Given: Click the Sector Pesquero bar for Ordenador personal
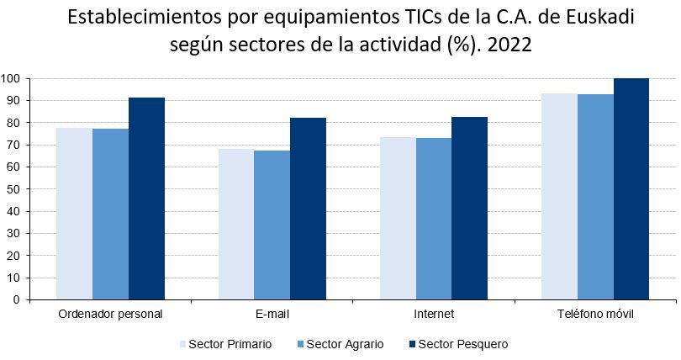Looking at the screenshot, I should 146,198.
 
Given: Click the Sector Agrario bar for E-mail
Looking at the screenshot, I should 272,225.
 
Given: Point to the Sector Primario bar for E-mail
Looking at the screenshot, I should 236,224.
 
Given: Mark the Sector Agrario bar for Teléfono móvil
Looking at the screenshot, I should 595,197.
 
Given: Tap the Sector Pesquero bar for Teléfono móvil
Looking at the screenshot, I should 631,188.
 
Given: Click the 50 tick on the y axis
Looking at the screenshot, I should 13,189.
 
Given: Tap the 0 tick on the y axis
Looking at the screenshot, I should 16,299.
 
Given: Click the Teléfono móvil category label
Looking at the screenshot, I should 595,315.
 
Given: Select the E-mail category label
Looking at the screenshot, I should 272,315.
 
